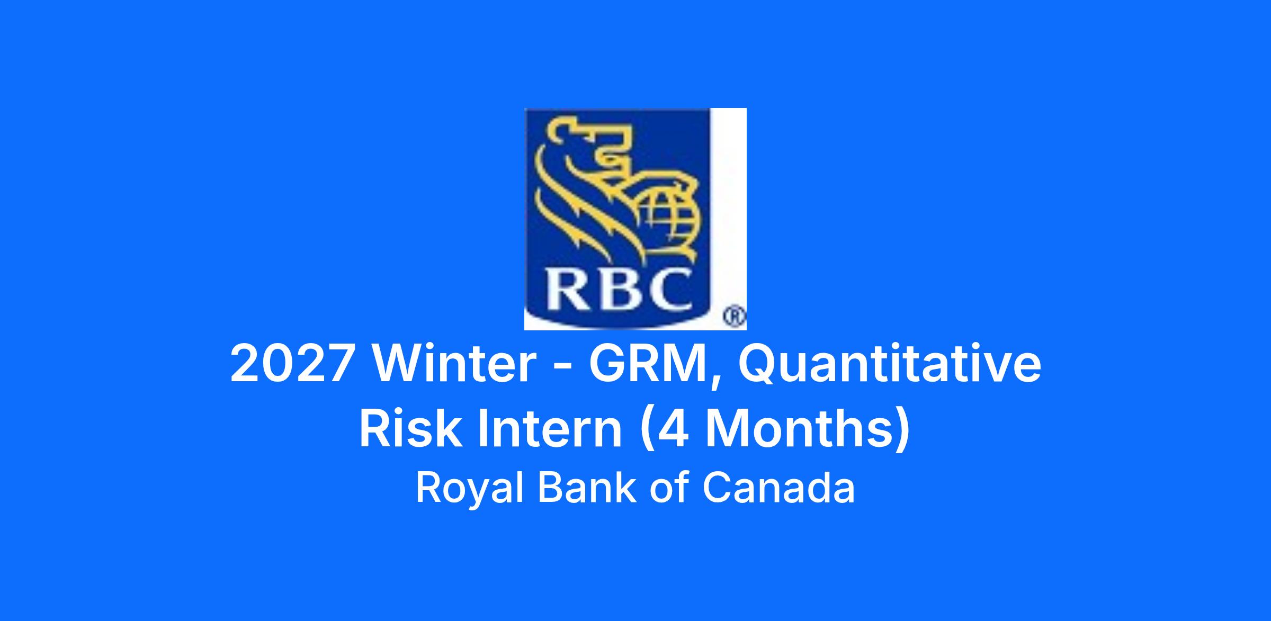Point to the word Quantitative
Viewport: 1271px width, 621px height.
click(889, 366)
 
